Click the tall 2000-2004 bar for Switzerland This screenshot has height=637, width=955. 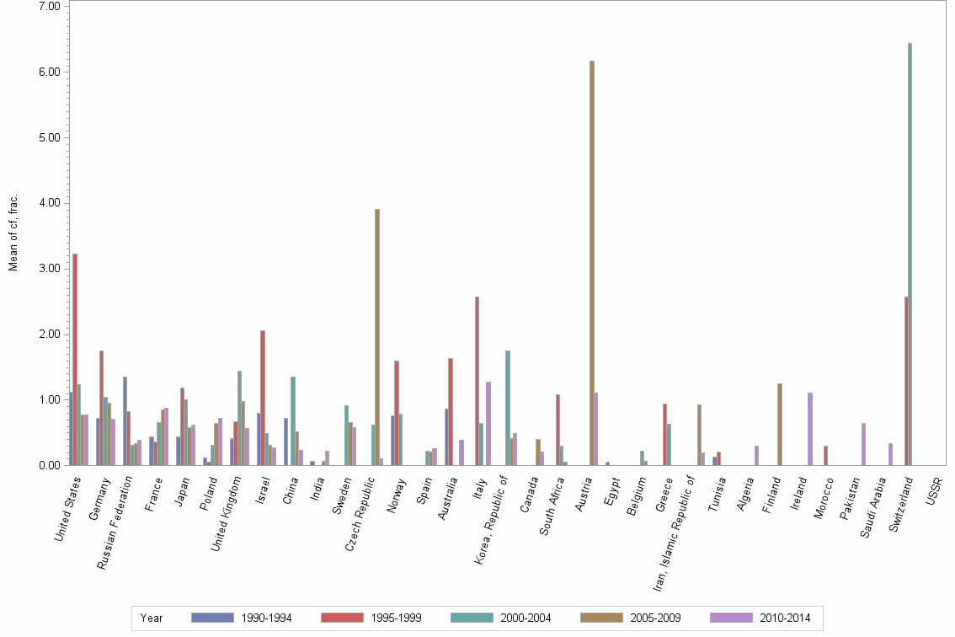pyautogui.click(x=910, y=253)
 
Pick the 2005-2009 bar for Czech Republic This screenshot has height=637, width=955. pyautogui.click(x=377, y=337)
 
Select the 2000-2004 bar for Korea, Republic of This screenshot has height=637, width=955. pyautogui.click(x=508, y=408)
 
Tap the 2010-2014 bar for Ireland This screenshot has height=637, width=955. pyautogui.click(x=810, y=429)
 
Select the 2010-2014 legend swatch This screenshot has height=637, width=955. pyautogui.click(x=731, y=618)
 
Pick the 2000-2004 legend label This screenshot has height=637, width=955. pyautogui.click(x=525, y=618)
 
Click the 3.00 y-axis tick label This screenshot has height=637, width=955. pyautogui.click(x=50, y=269)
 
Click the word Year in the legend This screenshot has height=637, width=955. pyautogui.click(x=152, y=618)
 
